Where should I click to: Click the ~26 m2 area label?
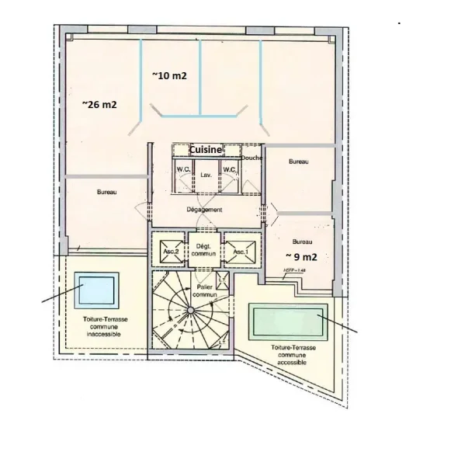99,103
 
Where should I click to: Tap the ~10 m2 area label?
170,75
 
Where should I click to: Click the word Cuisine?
200,149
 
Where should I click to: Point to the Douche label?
252,158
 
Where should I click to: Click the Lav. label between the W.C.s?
206,176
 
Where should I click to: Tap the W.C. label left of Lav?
184,169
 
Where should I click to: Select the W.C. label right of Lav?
229,169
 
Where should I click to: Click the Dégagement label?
205,210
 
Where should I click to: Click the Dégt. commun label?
205,250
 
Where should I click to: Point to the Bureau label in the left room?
107,192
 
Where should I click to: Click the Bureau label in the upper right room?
299,162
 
